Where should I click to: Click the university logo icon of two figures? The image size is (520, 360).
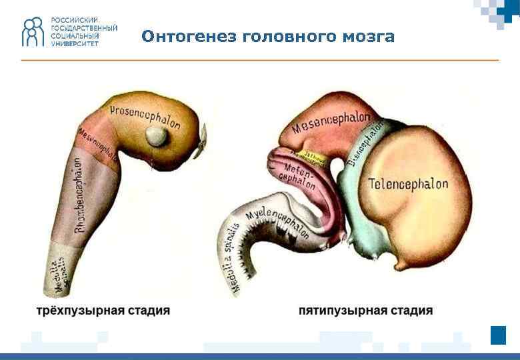point(32,31)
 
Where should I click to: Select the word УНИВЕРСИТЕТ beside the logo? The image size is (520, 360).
point(75,43)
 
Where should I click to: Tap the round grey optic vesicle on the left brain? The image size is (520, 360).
point(159,137)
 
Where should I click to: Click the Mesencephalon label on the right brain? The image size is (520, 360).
point(331,123)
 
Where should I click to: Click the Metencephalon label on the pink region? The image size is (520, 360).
point(297,172)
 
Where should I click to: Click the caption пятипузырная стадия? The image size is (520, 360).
point(365,311)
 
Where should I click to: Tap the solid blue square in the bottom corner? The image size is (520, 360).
point(498,335)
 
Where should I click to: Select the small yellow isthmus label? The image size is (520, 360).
point(314,157)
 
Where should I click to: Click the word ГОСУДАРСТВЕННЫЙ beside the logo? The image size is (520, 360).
point(84,28)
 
